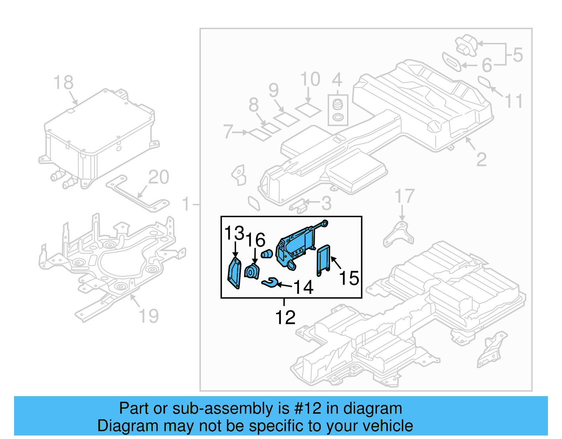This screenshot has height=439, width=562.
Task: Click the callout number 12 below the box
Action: (285, 318)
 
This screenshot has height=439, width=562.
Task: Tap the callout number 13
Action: (234, 233)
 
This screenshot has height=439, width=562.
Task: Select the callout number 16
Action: (255, 240)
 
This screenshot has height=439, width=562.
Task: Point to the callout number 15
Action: (349, 278)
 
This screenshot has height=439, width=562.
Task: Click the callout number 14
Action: (303, 288)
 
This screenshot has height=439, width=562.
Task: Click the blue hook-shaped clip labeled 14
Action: (270, 282)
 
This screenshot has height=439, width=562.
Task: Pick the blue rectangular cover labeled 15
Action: (324, 260)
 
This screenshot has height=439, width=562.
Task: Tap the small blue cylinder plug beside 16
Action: (267, 253)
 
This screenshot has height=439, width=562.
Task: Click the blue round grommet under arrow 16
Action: (251, 272)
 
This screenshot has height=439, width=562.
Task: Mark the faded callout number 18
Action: (64, 83)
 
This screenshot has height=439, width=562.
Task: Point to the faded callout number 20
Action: (158, 177)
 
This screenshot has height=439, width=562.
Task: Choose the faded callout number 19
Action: (149, 316)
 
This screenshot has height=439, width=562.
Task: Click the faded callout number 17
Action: (405, 196)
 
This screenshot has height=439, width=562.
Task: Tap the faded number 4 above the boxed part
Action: (337, 80)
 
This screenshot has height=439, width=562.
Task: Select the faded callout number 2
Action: (481, 160)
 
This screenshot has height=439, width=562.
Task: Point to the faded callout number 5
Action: (518, 55)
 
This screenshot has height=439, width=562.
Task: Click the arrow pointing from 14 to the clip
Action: (285, 285)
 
